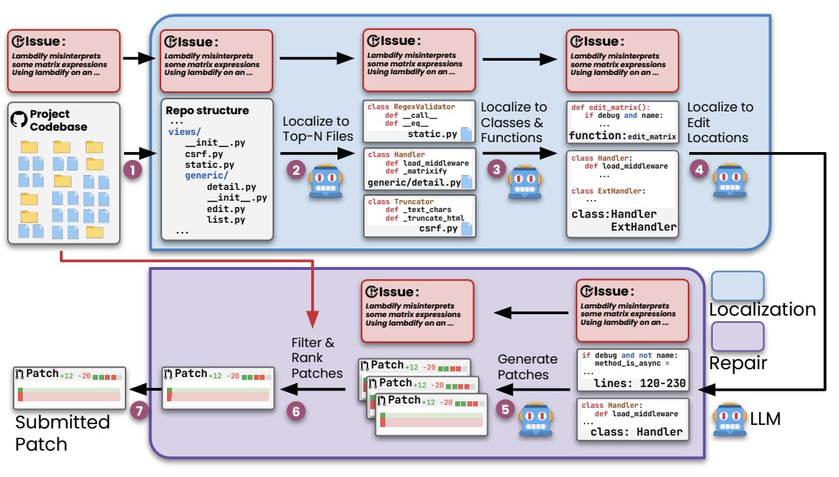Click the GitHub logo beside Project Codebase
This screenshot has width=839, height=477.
click(19, 119)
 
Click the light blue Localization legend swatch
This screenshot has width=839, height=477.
click(737, 286)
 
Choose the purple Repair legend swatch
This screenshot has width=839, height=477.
click(737, 336)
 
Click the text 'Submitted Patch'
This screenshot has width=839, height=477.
click(63, 433)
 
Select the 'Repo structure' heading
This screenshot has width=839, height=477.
click(207, 111)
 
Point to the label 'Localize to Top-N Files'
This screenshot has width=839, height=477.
click(317, 130)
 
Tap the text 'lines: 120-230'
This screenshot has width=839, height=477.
click(639, 383)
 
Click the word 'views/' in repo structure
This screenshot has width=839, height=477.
click(185, 132)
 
